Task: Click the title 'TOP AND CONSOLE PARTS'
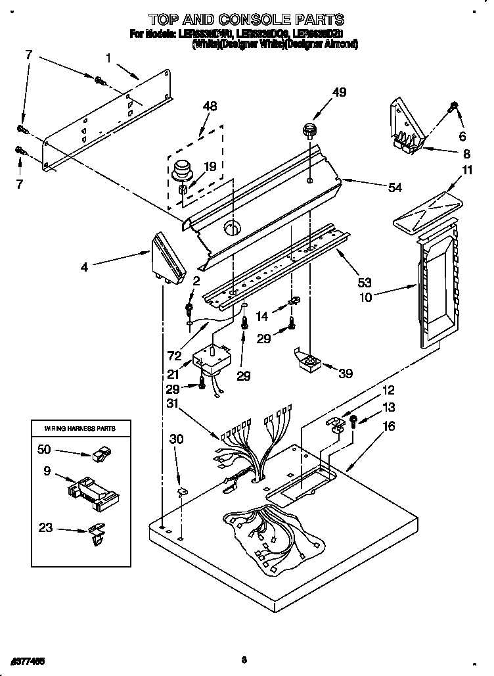pos(246,20)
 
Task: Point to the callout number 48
pos(210,107)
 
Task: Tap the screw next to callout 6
pos(453,107)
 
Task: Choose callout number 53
pos(365,283)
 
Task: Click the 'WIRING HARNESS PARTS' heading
pos(79,428)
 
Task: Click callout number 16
pos(389,427)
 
